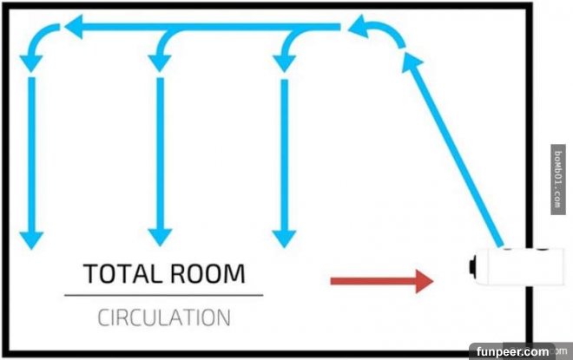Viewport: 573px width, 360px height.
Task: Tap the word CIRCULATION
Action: click(164, 317)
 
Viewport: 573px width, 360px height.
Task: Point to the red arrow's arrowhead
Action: click(423, 280)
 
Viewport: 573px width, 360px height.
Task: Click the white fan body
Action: click(517, 266)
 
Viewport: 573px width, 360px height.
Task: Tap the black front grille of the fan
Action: click(474, 267)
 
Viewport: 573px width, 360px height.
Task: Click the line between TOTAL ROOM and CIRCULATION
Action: click(163, 296)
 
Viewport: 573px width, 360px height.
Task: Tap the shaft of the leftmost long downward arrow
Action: click(31, 156)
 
